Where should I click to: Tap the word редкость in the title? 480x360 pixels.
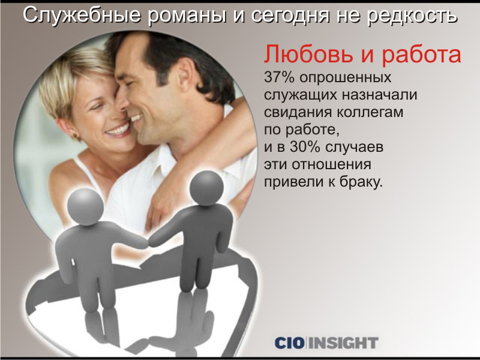(x=412, y=16)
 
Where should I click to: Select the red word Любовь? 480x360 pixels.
(x=307, y=55)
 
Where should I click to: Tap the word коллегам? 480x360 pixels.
(x=370, y=112)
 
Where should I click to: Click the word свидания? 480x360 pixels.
(x=298, y=112)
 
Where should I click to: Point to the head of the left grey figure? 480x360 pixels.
(x=85, y=206)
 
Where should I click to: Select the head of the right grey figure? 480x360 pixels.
(x=206, y=188)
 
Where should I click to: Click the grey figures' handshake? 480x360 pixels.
(x=149, y=243)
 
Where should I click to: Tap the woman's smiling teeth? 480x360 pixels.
(x=118, y=130)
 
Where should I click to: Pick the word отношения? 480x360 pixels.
(x=331, y=165)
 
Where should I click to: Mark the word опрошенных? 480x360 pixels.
(x=346, y=78)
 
